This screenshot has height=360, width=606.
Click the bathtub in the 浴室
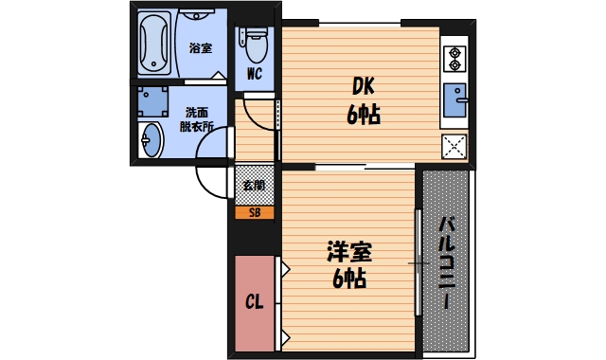point(155,44)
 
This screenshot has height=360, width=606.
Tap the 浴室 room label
point(200,47)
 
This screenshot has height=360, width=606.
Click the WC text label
point(254,74)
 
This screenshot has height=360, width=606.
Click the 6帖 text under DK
point(363,116)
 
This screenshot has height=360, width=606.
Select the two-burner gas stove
point(453,58)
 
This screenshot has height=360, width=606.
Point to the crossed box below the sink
point(454,146)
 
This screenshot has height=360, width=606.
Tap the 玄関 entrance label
point(254,185)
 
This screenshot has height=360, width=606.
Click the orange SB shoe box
point(254,212)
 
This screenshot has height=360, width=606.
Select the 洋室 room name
point(349,252)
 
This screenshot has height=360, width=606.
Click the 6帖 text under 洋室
point(349,279)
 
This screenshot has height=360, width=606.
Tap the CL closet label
point(254,303)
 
